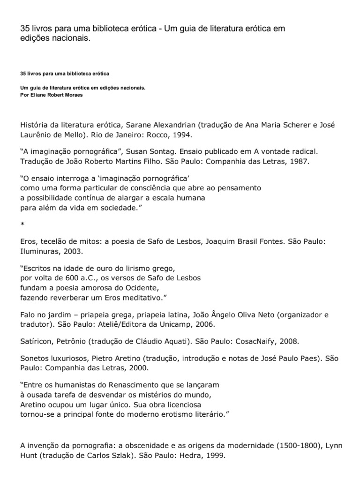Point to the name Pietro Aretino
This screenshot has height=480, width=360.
[115, 358]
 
